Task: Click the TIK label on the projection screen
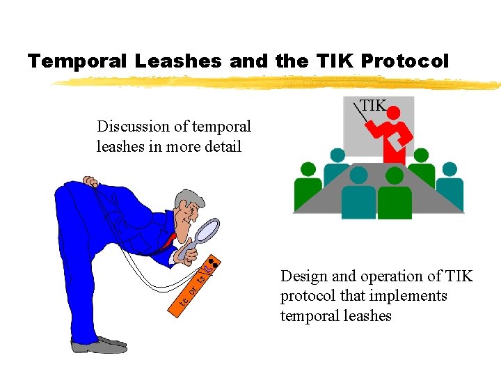[x=373, y=106]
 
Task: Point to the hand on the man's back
[x=89, y=182]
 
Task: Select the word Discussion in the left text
[x=132, y=127]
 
